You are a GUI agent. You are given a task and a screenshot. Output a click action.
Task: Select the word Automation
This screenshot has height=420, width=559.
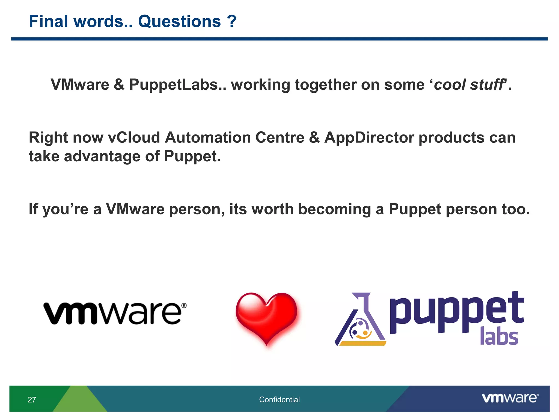(x=207, y=137)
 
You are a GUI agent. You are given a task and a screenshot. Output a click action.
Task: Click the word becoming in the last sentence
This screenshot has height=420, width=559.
(x=334, y=209)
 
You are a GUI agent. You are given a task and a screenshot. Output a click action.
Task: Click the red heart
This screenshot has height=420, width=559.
(x=266, y=317)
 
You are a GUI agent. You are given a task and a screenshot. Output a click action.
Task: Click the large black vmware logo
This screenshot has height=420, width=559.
(x=115, y=313)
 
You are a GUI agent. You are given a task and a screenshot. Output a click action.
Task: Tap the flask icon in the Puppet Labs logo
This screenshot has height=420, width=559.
(x=360, y=321)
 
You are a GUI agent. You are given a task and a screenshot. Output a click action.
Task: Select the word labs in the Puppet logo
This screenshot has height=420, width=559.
(x=499, y=336)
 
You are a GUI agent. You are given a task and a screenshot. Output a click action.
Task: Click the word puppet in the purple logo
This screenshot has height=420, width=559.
(x=456, y=312)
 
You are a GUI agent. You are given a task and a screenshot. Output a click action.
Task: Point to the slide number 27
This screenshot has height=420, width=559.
(x=32, y=400)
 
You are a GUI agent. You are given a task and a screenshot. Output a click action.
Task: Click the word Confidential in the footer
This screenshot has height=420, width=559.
(x=279, y=399)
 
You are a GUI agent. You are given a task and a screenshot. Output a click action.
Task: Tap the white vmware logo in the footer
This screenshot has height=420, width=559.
(x=510, y=398)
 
